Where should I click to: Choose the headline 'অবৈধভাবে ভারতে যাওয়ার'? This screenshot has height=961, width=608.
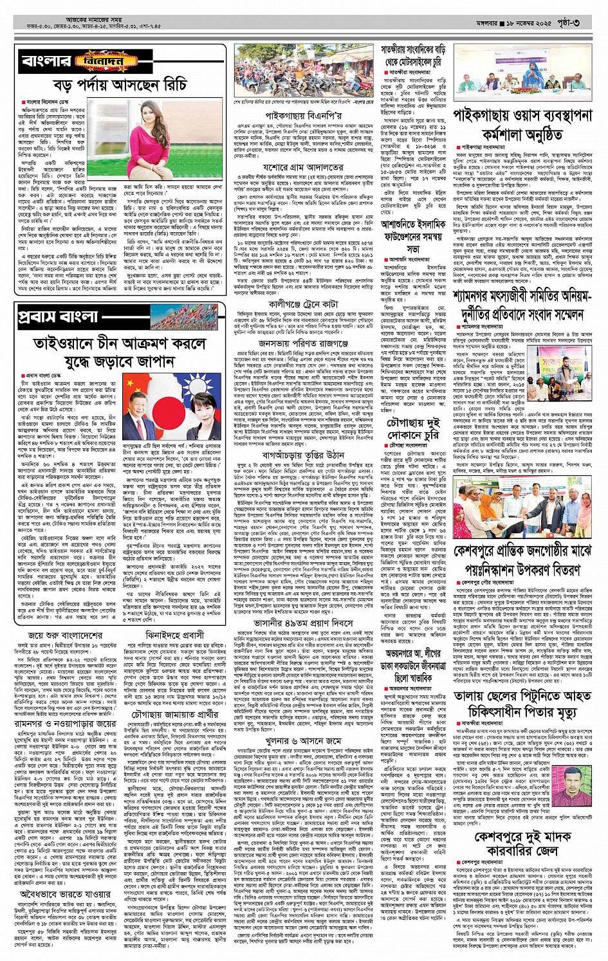[x=65, y=893]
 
